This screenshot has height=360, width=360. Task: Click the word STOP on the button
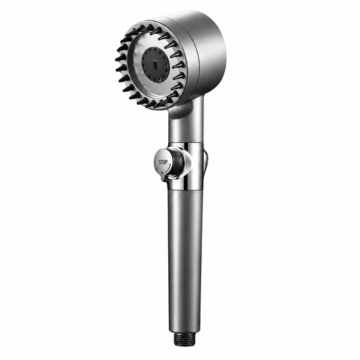coord(163,162)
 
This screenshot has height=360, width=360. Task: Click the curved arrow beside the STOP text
coord(169,168)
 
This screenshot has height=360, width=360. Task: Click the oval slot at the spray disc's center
coord(155,66)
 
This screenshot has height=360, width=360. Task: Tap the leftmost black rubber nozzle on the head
coord(120,58)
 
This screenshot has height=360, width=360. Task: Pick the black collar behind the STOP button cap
coord(177,164)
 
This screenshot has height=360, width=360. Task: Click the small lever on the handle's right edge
coord(205,161)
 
